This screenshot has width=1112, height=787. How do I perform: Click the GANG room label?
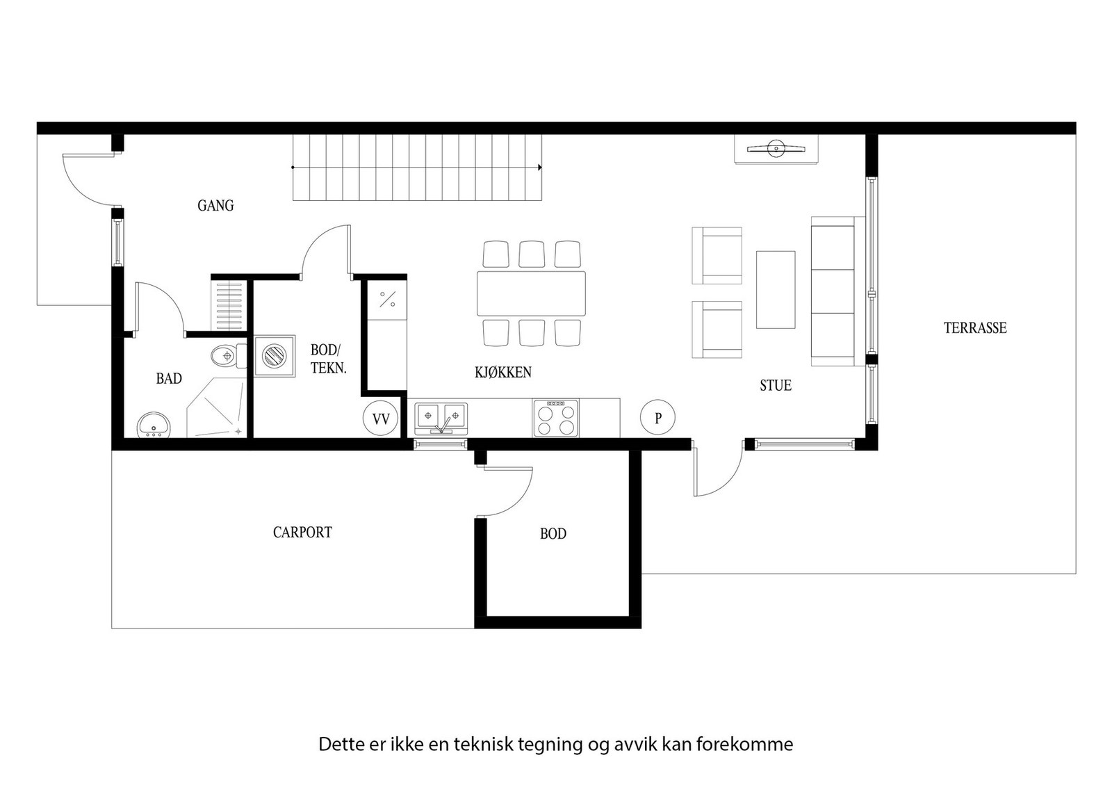coord(215,206)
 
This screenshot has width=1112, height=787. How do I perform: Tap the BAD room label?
coord(169,379)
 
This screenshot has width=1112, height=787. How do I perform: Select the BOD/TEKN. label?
coord(327,359)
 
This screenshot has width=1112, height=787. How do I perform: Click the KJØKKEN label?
coord(503,373)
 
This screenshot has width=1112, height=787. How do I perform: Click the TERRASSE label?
coord(975,328)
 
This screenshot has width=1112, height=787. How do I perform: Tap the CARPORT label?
coord(302,533)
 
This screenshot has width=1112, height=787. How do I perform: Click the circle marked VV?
coord(381,419)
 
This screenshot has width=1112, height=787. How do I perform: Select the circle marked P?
coord(657,419)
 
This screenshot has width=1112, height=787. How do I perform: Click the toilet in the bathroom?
coord(228,356)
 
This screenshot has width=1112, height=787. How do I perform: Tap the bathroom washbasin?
coord(153,425)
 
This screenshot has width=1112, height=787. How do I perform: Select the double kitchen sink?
coord(441,417)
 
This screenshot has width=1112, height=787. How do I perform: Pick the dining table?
coord(531,293)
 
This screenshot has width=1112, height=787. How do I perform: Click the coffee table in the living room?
coord(776,289)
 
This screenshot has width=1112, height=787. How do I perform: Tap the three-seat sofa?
coord(834,291)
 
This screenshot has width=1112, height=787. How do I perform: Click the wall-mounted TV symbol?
coord(775,148)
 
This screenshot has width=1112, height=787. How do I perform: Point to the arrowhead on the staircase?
coord(540,168)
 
